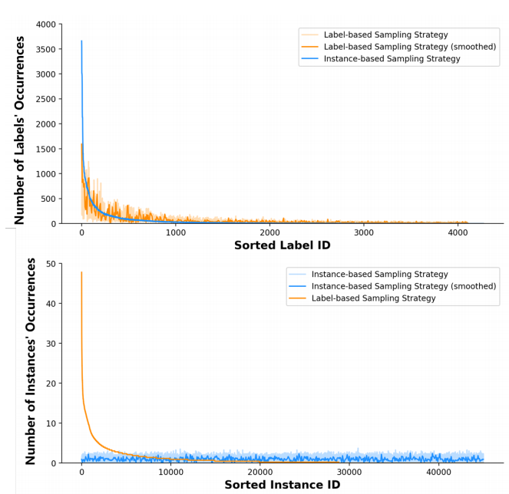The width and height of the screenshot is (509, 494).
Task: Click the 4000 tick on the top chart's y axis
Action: [x=45, y=25]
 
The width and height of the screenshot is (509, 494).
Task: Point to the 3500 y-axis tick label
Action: [x=45, y=49]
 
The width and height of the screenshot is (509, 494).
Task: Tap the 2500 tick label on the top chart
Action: [x=45, y=99]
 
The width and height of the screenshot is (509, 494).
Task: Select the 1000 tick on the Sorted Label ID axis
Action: [x=176, y=232]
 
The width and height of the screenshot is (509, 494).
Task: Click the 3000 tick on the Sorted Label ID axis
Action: [x=364, y=232]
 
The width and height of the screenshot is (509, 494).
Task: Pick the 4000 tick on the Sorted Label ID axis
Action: [x=458, y=232]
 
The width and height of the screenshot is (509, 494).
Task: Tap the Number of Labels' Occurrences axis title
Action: [x=20, y=130]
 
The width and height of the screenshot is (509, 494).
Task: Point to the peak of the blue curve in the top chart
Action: [x=81, y=41]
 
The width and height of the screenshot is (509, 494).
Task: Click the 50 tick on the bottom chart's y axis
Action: [x=51, y=264]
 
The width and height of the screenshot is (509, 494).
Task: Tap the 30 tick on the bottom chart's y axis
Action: [x=51, y=344]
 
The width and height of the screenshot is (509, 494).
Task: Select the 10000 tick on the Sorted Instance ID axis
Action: [x=170, y=472]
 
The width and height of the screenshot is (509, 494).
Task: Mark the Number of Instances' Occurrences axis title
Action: [x=31, y=361]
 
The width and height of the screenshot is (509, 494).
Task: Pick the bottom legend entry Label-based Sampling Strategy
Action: [x=373, y=298]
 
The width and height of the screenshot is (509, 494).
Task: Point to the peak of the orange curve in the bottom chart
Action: [x=81, y=272]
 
